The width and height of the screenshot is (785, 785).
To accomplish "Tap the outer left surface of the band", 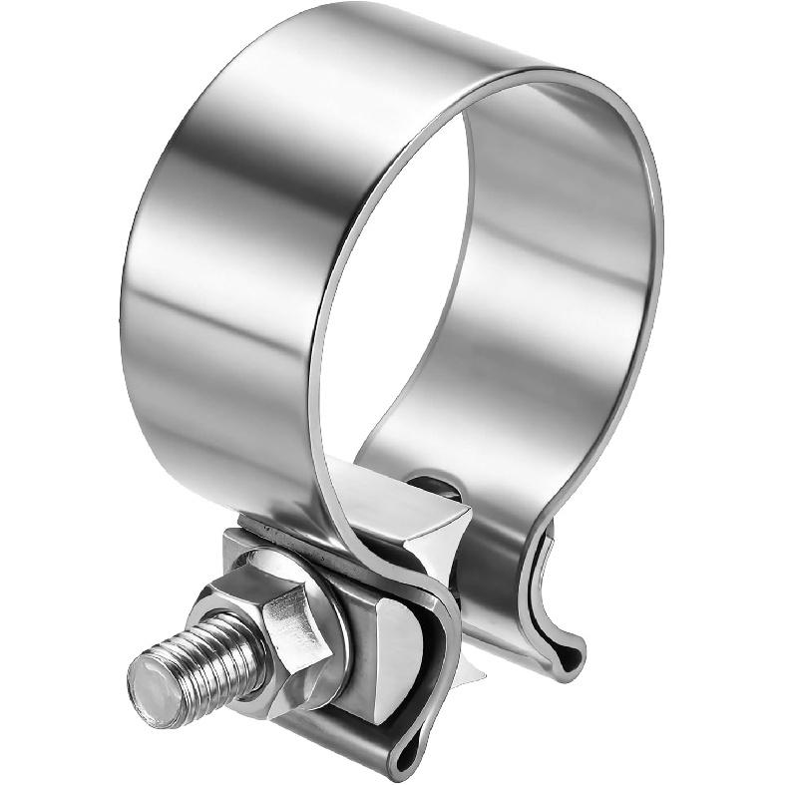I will (199, 299).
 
